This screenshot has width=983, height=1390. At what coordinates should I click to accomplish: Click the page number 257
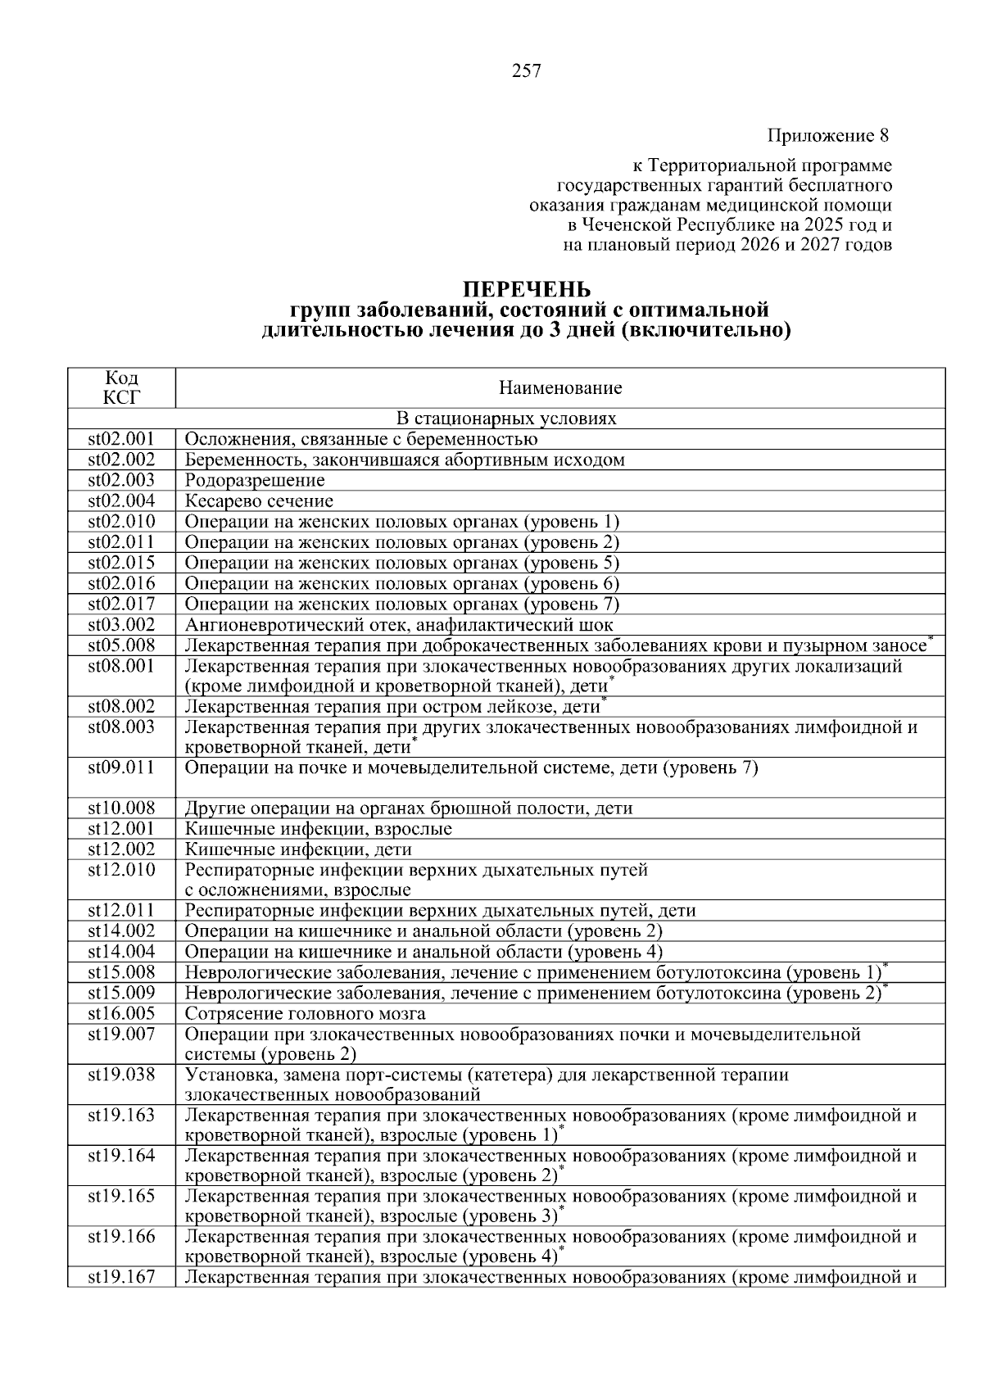coord(527,71)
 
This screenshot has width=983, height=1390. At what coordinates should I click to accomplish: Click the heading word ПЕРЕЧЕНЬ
coord(527,290)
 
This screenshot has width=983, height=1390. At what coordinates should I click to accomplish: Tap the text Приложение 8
coord(828,134)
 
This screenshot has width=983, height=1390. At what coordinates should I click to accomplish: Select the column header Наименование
coord(560,388)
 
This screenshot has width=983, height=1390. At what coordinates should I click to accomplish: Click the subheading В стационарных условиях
coord(506,419)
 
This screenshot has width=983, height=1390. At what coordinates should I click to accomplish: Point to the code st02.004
coord(121,500)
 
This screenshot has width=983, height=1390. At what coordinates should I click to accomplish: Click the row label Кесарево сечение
coord(259,500)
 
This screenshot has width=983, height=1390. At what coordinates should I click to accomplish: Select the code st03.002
coord(121,625)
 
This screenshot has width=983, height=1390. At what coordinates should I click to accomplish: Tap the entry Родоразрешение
coord(255,480)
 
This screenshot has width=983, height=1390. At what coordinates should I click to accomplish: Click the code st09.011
coord(121,767)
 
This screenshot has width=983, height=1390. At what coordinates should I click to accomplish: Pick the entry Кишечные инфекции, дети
coord(298,849)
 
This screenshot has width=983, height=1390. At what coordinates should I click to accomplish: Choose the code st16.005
coord(121,1013)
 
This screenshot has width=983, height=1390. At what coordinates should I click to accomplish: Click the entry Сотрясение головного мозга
coord(305,1013)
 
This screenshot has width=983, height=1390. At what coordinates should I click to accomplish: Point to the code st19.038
coord(121,1075)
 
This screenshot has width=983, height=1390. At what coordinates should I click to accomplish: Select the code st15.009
coord(121,993)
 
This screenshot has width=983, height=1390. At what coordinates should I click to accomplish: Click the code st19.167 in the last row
coord(121,1277)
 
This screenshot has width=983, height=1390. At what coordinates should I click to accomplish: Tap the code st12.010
coord(121,869)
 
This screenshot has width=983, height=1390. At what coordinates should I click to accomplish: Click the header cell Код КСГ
coord(121,387)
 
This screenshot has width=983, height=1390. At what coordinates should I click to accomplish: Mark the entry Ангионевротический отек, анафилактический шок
coord(398,625)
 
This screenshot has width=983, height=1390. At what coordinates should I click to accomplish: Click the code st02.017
coord(121,604)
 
